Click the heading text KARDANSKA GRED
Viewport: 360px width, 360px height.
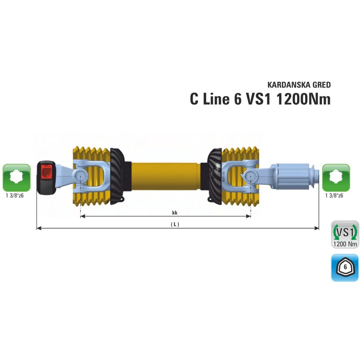[299, 85]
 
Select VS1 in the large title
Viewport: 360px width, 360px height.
[258, 99]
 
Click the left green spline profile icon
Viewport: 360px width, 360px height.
[17, 177]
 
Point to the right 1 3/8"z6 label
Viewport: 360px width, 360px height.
[334, 196]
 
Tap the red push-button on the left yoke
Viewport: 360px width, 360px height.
[45, 171]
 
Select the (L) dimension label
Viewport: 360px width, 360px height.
[175, 224]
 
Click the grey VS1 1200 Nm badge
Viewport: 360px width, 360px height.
[345, 234]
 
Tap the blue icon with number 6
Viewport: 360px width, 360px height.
[345, 268]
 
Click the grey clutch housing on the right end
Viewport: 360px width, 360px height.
[292, 177]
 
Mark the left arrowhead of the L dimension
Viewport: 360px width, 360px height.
[38, 228]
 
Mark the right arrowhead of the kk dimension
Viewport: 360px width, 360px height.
[249, 216]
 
